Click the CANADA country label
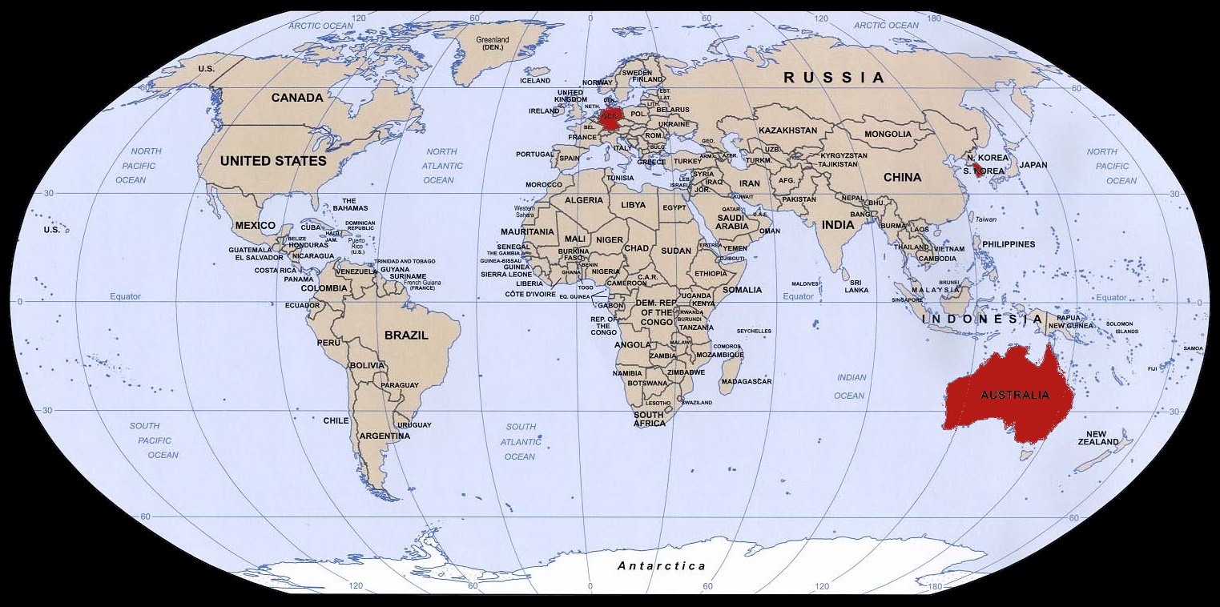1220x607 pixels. coord(297,98)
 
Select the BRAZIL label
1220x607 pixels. coord(406,336)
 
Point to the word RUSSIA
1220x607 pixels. coord(834,78)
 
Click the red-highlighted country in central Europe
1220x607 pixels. coord(610,119)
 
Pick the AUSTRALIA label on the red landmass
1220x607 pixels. coord(1014,395)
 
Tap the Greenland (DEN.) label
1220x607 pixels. coord(493,43)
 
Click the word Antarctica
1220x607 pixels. coord(662,566)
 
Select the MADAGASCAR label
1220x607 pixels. coord(746,382)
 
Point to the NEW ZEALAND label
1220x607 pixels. coord(1097,438)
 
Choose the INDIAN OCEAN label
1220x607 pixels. coord(851,386)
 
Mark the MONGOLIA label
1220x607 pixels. coord(888,134)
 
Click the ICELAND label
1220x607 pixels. coord(535,81)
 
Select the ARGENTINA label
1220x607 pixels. coord(385,436)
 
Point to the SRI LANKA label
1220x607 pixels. coord(856,287)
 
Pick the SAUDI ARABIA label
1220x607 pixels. coord(732,222)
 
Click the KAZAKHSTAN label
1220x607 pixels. coord(787,131)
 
